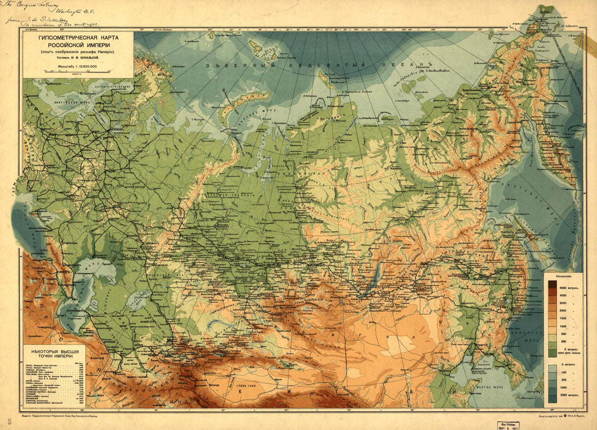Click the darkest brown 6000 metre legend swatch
[x=552, y=284]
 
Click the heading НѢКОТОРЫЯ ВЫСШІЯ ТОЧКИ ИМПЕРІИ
[x=55, y=355]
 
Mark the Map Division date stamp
[x=511, y=424]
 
